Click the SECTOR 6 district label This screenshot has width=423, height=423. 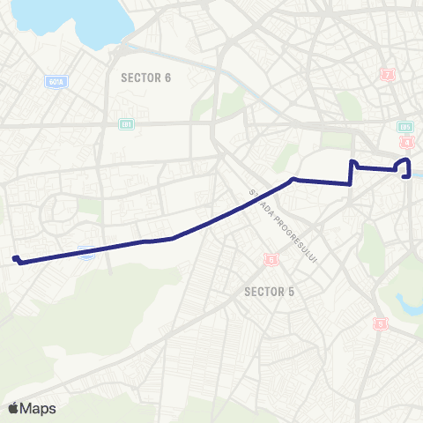145,78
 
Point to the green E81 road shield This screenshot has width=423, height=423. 126,124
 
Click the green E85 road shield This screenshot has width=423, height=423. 405,126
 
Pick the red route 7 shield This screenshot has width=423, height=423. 388,75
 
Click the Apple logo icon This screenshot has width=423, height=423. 13,408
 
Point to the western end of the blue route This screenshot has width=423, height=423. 15,258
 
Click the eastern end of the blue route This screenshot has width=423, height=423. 406,176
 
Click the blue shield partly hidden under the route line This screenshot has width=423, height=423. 86,254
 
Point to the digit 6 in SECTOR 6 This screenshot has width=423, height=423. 167,78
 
